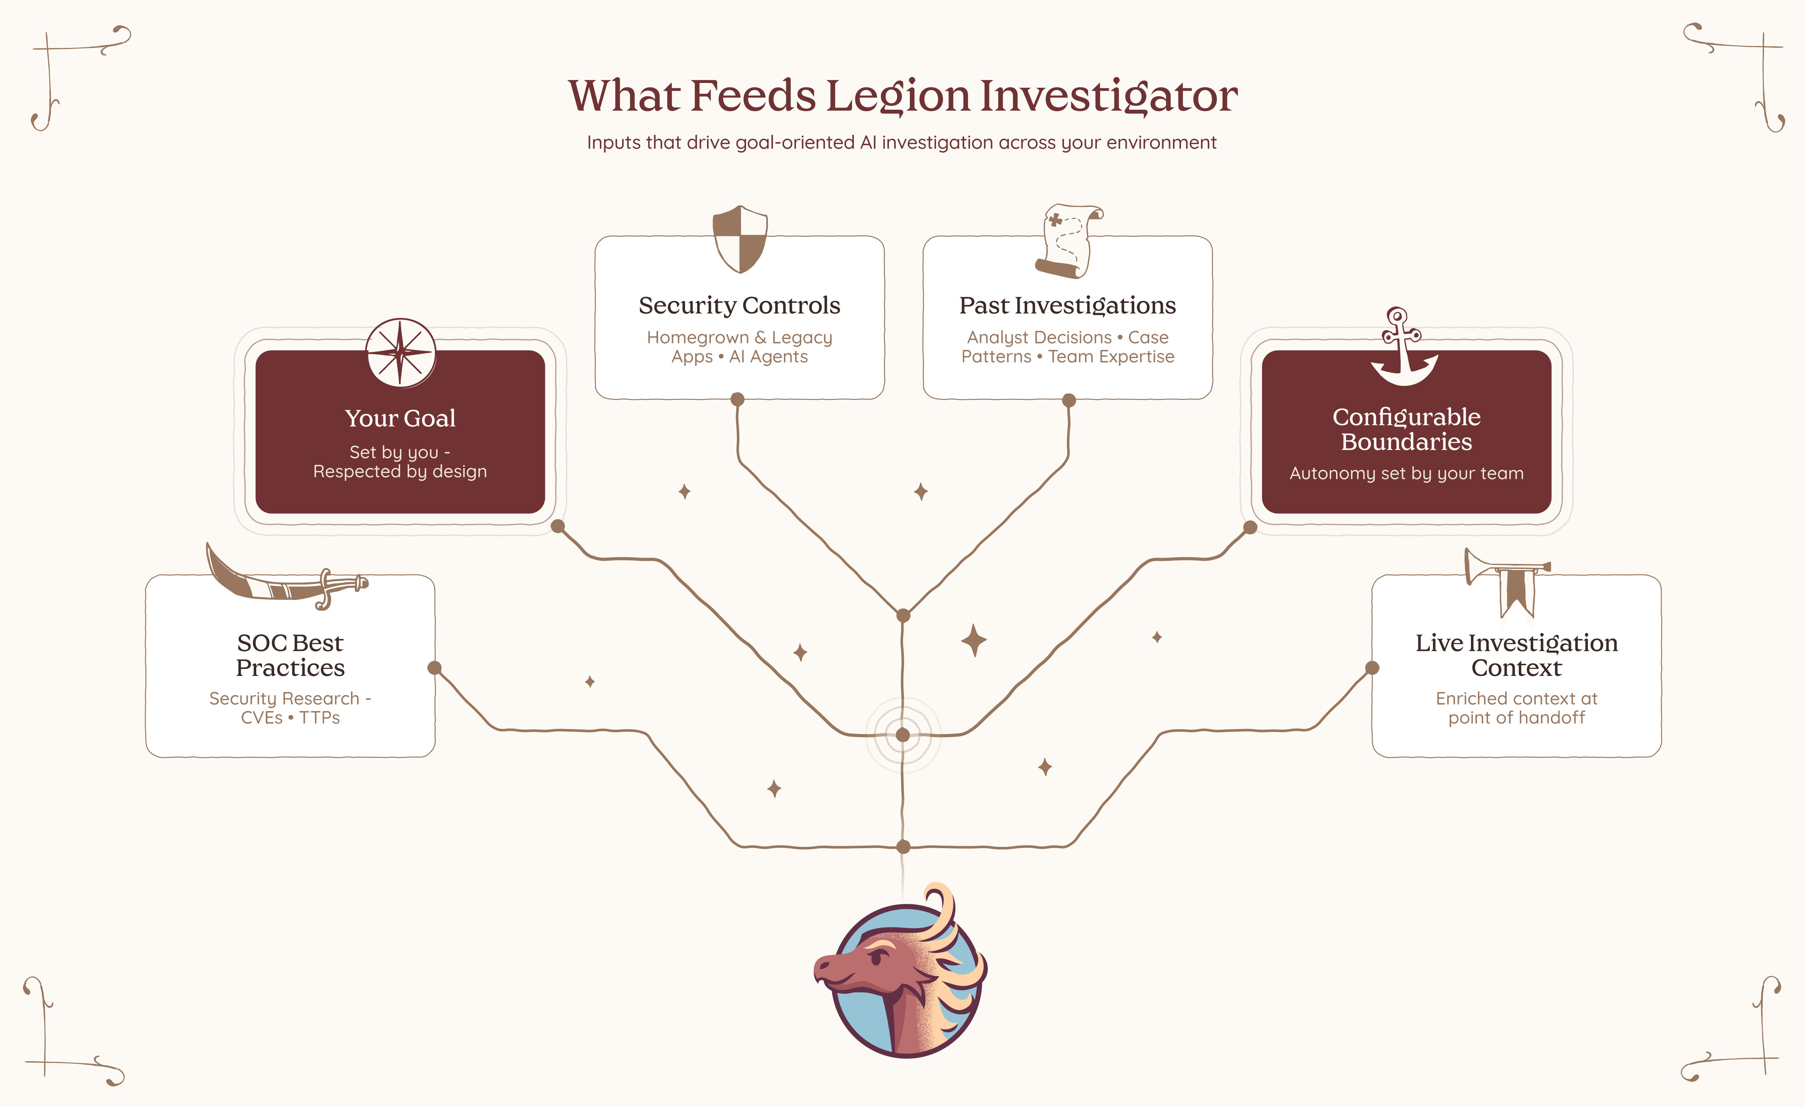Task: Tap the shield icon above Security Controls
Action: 740,239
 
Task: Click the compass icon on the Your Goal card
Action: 401,352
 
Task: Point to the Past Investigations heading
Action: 1067,306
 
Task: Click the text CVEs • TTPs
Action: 290,718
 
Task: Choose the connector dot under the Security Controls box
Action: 738,399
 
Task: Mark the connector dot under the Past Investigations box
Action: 1069,400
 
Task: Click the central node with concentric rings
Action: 902,735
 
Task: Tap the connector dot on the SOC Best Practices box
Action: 434,667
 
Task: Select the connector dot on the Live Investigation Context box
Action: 1372,667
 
